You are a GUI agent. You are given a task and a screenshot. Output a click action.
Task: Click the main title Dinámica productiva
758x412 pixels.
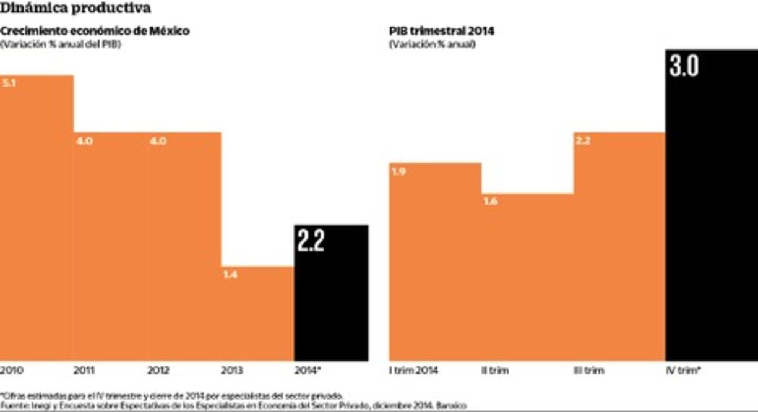[75, 8]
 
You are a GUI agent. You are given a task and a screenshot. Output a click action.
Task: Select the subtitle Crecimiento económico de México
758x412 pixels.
[95, 31]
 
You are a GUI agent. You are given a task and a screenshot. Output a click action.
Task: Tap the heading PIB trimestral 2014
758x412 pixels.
[442, 31]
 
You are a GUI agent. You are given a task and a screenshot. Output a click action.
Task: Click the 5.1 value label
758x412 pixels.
[9, 83]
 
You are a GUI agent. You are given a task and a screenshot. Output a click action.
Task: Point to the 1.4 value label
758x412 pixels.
[230, 275]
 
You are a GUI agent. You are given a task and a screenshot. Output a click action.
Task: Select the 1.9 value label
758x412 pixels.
[398, 171]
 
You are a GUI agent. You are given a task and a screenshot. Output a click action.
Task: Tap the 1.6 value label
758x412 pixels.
[490, 202]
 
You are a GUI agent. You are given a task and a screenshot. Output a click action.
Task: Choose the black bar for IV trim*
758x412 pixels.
[711, 217]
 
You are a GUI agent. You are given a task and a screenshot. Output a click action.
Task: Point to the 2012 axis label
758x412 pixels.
[158, 371]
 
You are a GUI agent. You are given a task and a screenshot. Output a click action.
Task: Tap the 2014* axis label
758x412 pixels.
[308, 371]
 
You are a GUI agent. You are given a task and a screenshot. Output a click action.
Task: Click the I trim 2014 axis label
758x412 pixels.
[414, 371]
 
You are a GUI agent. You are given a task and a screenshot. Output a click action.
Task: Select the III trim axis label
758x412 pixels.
[588, 371]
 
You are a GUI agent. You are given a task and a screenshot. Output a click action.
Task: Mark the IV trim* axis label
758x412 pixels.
[683, 371]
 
